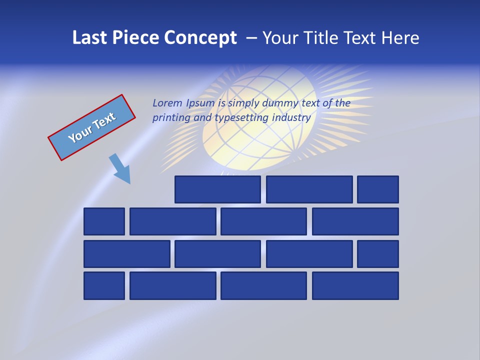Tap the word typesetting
coord(241,118)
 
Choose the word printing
coord(172,118)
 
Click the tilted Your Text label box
coord(91,127)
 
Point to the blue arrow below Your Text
coord(120,169)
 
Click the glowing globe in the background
coord(260,117)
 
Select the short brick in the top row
coord(378,189)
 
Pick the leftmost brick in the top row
coord(217,189)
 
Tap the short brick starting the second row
coord(104,221)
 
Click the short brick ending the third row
coord(378,254)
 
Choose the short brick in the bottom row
coord(104,286)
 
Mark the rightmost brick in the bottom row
coord(355,286)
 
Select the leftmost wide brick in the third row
coord(127,254)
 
